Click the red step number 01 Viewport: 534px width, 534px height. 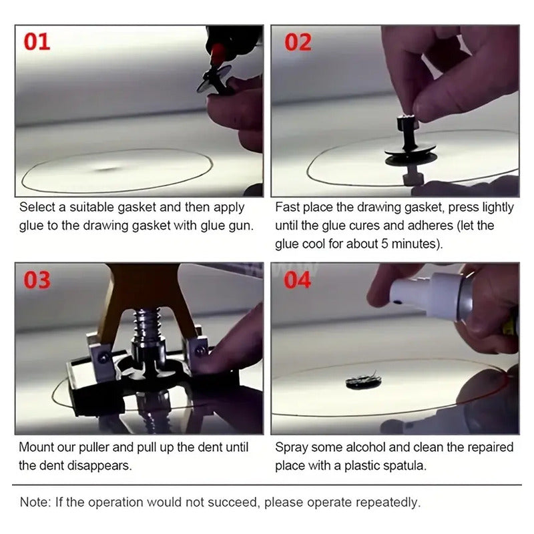click(37, 41)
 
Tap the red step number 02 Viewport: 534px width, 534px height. click(298, 42)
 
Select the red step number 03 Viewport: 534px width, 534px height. click(37, 280)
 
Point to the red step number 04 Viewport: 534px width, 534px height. click(297, 280)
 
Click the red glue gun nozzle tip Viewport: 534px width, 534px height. click(217, 55)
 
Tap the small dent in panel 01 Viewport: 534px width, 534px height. click(106, 168)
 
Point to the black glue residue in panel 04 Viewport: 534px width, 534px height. click(363, 381)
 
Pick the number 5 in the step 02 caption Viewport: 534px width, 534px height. click(384, 244)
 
